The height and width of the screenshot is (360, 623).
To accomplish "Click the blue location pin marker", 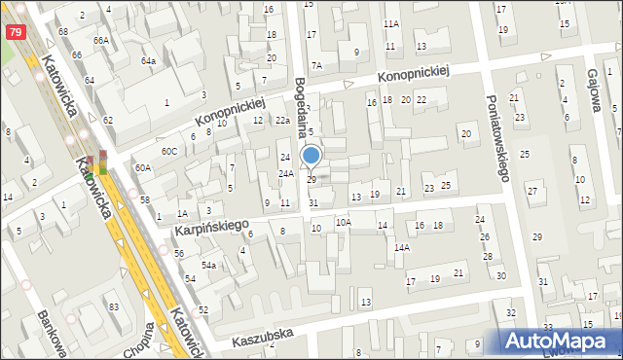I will point(311,156).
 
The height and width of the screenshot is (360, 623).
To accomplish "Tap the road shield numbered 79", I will point(15,32).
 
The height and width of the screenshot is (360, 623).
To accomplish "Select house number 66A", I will point(101,40).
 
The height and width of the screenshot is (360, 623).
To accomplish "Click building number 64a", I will point(148,60).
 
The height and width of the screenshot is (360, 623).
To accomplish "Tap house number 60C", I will point(169,151).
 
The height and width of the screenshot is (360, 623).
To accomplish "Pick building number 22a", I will point(282,120).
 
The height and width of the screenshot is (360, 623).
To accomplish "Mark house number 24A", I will point(286,173).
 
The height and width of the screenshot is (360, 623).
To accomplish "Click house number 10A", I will point(343,222).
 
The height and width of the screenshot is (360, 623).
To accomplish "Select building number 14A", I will point(401,247).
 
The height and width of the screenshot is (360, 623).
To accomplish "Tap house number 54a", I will point(208,265).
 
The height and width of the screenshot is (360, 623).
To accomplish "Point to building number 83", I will point(114,307).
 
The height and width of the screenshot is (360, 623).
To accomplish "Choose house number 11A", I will point(391,23).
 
